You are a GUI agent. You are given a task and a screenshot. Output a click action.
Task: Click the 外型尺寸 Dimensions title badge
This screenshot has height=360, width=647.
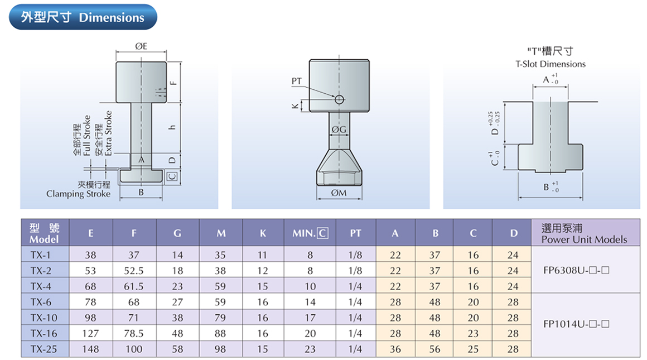83,17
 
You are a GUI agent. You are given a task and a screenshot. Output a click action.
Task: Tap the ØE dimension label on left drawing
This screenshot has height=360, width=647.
141,46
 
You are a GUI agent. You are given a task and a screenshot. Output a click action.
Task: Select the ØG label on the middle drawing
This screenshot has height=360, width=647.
339,130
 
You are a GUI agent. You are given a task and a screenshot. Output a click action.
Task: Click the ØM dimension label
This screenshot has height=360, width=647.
339,193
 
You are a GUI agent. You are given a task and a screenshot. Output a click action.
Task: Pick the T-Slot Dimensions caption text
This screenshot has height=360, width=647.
550,64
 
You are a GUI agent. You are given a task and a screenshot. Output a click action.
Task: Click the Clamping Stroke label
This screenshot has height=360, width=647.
78,194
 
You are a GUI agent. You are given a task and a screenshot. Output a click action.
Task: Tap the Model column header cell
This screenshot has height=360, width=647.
45,233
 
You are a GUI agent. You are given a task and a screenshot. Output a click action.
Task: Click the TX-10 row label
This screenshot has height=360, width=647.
45,318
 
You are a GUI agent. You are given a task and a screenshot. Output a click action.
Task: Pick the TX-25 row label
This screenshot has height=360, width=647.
45,349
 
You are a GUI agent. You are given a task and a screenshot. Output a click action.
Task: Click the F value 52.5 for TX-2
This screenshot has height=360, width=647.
134,271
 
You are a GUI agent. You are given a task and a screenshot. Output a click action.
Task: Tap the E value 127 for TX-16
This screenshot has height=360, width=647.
90,333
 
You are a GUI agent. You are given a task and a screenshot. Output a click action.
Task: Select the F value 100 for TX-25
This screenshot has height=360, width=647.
134,349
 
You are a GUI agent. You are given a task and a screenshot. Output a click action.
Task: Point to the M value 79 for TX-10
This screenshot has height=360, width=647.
221,318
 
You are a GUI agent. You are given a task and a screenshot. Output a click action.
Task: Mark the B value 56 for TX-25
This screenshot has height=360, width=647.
435,349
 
